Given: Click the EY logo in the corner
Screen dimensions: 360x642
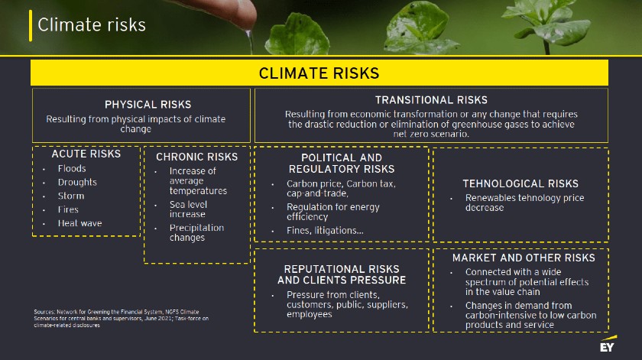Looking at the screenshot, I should [x=608, y=345].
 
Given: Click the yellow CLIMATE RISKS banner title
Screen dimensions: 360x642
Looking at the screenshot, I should [x=319, y=73].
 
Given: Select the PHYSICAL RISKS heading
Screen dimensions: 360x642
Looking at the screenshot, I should [x=148, y=104].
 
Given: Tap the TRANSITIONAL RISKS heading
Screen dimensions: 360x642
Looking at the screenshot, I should [x=431, y=100].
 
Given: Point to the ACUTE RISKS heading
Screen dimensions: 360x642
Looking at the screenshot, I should [x=86, y=154].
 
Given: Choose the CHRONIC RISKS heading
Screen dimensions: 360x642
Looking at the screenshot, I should [x=196, y=157].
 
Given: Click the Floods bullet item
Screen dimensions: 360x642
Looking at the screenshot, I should [x=72, y=168].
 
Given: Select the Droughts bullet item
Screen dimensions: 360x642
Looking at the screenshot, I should [x=77, y=182].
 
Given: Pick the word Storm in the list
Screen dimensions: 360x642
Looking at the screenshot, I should [x=71, y=196].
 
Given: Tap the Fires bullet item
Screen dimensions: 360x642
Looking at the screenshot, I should [x=68, y=209].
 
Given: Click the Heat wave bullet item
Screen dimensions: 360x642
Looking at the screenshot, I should [x=79, y=223].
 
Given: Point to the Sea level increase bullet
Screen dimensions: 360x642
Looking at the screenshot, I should [x=188, y=209].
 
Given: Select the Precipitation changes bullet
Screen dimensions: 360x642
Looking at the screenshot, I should [x=196, y=232].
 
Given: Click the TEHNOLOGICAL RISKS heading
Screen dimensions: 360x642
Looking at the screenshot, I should [x=520, y=183].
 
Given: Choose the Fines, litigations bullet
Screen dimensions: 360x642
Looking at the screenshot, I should [x=325, y=230].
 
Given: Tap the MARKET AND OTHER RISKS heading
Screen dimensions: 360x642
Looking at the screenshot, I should [x=524, y=258].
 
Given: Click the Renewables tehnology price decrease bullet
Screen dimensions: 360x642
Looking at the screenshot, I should [x=524, y=203].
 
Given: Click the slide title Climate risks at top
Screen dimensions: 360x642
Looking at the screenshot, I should [x=92, y=25].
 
